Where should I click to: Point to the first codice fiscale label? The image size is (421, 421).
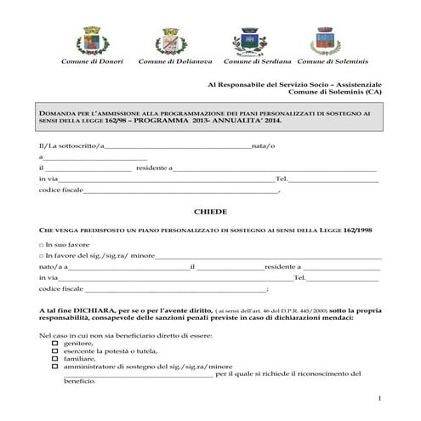[61, 190]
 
